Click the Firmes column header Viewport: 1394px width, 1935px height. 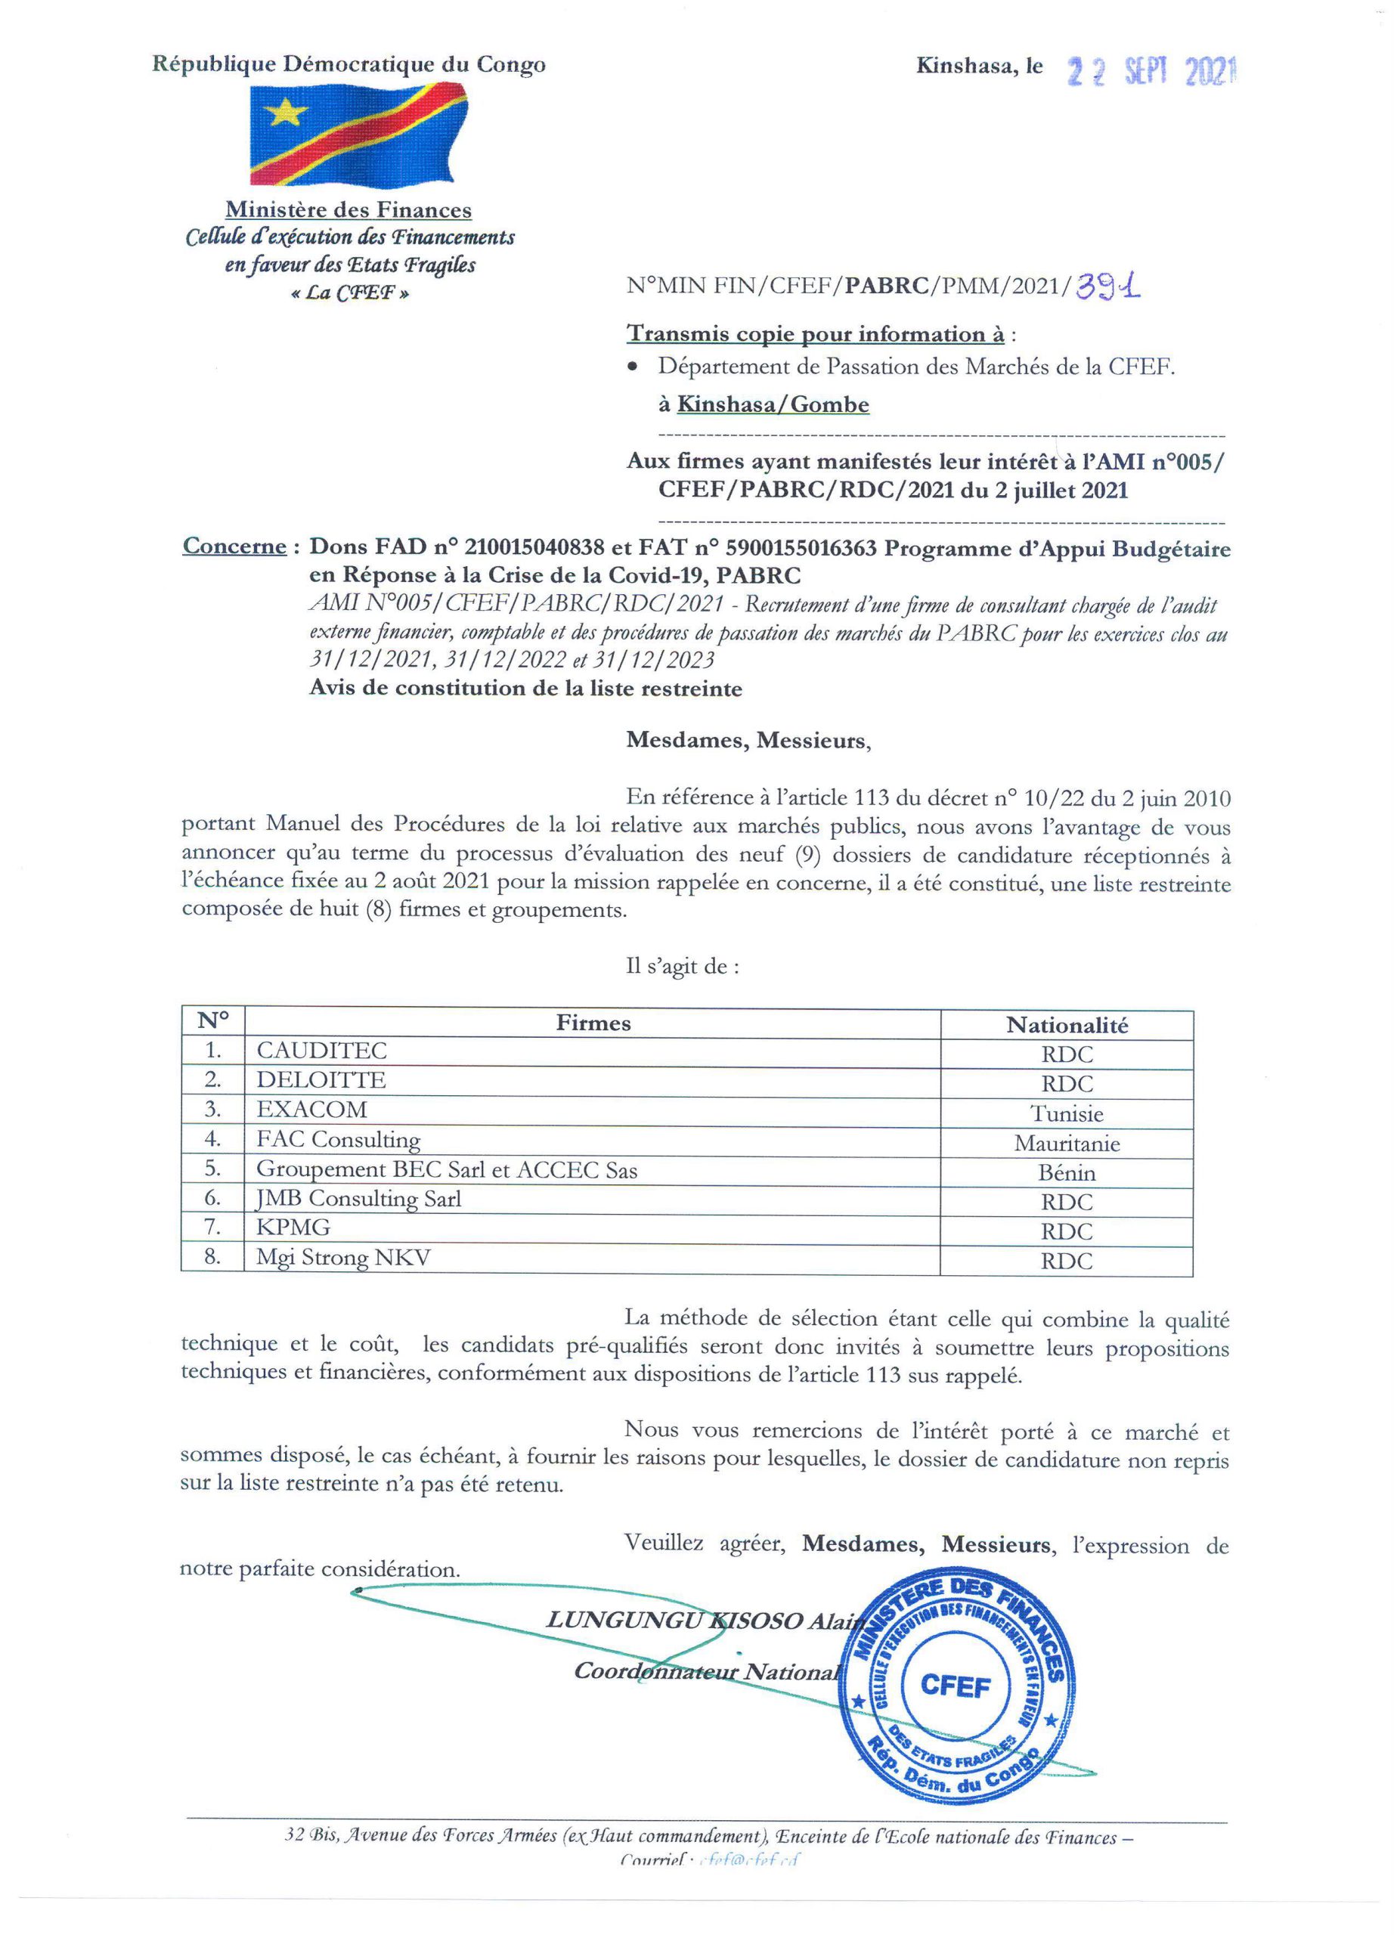point(593,1023)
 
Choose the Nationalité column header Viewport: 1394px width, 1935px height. point(1067,1025)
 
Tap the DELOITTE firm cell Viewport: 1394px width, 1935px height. point(321,1080)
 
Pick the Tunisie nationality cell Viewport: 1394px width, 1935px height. point(1067,1114)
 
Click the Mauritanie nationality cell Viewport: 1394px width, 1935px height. point(1067,1144)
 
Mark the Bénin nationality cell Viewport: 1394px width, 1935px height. point(1067,1173)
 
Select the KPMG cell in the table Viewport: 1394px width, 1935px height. point(293,1228)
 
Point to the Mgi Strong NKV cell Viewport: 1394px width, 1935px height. point(344,1258)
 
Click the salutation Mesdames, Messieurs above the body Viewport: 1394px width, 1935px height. point(748,741)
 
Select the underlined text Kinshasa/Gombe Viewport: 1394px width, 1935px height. point(773,404)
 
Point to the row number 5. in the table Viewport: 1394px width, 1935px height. point(213,1169)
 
